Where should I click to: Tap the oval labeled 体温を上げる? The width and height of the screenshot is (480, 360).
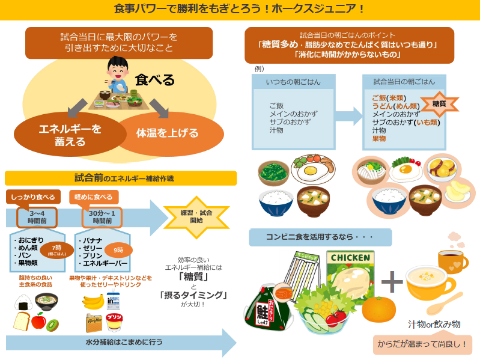point(167,133)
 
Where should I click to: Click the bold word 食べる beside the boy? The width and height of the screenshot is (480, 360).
point(154,80)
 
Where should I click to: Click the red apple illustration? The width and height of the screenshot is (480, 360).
point(38,321)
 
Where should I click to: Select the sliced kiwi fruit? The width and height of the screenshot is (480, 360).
point(53,325)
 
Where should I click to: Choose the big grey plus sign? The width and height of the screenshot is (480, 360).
point(392,281)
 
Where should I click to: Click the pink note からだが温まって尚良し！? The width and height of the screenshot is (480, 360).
point(422,344)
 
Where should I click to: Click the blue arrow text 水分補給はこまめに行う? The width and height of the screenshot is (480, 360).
point(112,343)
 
